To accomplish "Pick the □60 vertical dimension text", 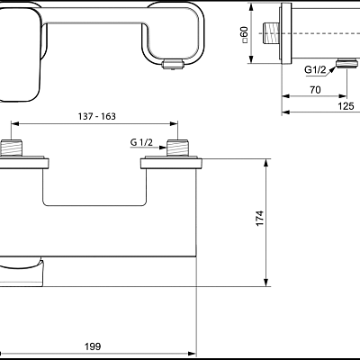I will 242,36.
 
